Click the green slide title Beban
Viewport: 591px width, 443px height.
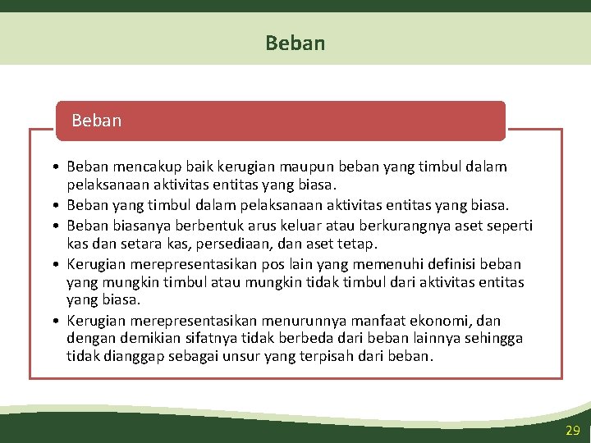tap(295, 43)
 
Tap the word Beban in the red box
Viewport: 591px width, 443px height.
tap(96, 121)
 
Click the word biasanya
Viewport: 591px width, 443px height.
tap(139, 226)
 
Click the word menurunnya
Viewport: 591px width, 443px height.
tap(308, 321)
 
